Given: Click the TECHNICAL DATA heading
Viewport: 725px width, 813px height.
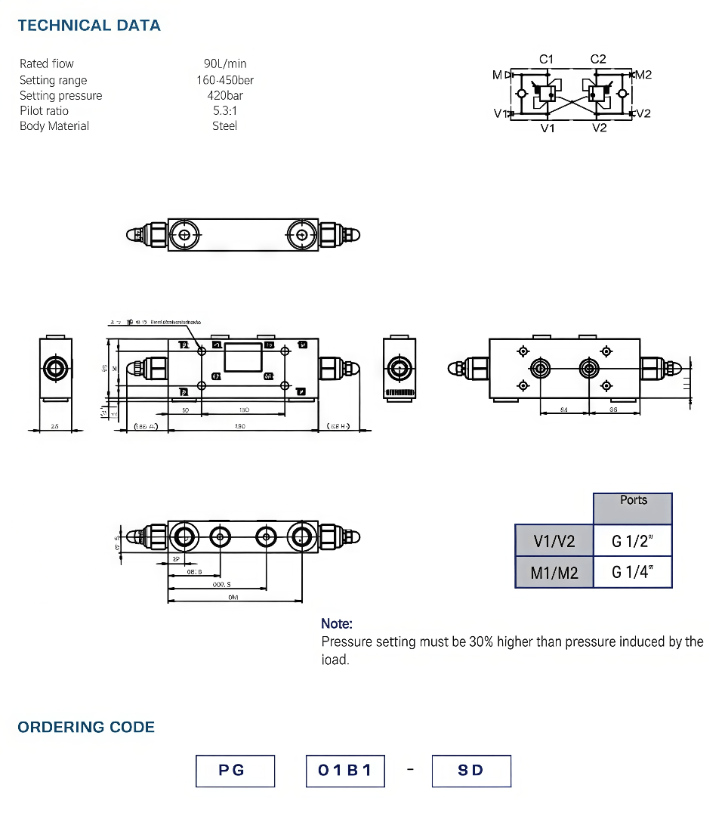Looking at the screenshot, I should point(89,26).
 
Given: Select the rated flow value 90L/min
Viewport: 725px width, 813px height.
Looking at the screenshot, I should point(225,63).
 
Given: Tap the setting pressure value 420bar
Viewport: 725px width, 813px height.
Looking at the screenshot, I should point(225,95).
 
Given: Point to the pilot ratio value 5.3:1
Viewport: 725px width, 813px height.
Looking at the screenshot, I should point(225,110).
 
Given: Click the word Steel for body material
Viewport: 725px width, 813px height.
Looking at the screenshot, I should point(225,126).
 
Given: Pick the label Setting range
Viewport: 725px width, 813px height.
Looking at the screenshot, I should point(53,80).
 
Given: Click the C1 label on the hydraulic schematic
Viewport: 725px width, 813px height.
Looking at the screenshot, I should point(547,59).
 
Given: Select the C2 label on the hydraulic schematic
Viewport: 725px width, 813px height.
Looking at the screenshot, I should point(598,59).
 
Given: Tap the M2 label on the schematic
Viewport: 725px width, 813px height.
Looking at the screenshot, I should point(643,74).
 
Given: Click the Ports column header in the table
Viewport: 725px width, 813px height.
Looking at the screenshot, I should point(633,500).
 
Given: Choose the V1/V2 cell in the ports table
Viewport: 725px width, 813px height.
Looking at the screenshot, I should point(554,541).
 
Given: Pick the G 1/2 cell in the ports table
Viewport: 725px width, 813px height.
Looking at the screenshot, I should point(632,541).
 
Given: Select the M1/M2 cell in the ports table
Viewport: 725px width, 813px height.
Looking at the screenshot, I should point(554,573).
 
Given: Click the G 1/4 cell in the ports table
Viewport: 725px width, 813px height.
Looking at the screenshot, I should point(632,573).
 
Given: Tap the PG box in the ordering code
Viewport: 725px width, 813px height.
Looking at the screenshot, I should point(235,771).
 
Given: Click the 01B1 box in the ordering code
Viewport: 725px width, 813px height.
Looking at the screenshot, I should point(345,771).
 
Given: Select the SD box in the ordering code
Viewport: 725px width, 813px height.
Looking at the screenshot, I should point(471,771).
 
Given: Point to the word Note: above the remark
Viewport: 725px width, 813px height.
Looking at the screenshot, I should point(337,623).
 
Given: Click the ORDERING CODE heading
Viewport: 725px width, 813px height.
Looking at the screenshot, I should point(86,727).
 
